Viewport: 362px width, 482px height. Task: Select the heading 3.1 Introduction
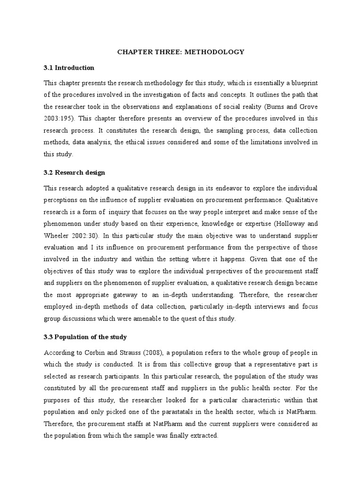click(x=69, y=68)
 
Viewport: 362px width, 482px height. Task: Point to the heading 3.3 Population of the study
click(x=85, y=337)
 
